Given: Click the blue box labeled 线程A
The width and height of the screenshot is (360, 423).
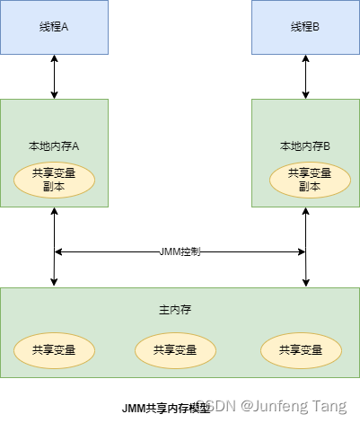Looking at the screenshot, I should (x=54, y=27).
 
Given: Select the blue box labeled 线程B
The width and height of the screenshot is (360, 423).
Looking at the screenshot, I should (x=305, y=27).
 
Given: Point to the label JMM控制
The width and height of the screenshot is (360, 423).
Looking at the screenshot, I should (x=180, y=251).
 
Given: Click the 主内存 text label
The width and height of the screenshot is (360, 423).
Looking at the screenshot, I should (x=180, y=309).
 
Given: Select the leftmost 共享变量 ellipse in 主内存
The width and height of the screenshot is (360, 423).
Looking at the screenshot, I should (x=54, y=349).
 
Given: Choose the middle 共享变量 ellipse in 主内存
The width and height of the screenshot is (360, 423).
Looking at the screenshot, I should (x=175, y=349).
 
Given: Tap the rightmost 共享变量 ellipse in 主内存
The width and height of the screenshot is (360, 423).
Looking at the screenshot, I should (x=301, y=349).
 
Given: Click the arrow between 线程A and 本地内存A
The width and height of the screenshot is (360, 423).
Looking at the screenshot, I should (x=55, y=76).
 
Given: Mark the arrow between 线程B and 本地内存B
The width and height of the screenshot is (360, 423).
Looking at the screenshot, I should (x=305, y=76).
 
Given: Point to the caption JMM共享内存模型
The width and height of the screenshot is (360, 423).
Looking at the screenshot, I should (x=162, y=407).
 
